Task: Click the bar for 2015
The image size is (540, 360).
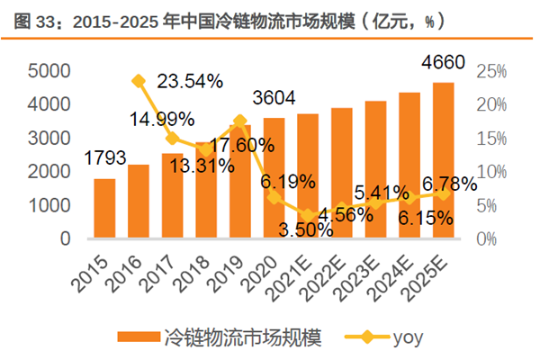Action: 104,209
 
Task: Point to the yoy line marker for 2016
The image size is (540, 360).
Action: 139,81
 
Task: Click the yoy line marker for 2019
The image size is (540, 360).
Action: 240,121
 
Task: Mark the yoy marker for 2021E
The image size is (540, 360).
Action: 308,215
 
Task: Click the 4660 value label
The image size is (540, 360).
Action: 443,63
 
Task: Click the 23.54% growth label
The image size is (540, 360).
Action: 190,82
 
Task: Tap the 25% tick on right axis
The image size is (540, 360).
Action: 491,71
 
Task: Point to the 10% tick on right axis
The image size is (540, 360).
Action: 491,172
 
